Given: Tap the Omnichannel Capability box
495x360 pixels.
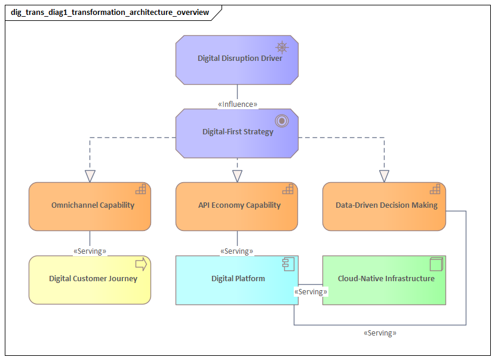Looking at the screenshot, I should point(90,206).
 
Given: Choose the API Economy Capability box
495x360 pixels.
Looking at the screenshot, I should point(237,206).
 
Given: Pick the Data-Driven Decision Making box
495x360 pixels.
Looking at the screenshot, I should point(384,206).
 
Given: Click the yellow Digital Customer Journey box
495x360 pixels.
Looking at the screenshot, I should point(90,279).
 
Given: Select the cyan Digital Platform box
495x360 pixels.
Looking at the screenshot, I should point(237,279).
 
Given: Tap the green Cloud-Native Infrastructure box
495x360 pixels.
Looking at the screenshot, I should point(384,279).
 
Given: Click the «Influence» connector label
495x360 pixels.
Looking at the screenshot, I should point(238,104).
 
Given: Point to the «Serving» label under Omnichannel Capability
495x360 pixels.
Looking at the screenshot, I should point(90,251).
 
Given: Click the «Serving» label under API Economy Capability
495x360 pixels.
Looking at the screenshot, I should point(237,251).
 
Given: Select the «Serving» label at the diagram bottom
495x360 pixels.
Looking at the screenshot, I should point(380,333).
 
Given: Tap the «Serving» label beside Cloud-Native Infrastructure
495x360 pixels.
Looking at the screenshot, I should point(310,292).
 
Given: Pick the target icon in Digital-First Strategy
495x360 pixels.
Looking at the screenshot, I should point(282,121).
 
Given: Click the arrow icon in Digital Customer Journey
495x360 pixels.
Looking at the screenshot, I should point(142,264).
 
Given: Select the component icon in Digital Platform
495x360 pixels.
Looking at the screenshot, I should point(288,264).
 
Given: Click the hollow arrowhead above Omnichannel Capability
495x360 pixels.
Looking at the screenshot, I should point(90,176).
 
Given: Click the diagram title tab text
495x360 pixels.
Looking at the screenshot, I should point(110,12).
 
